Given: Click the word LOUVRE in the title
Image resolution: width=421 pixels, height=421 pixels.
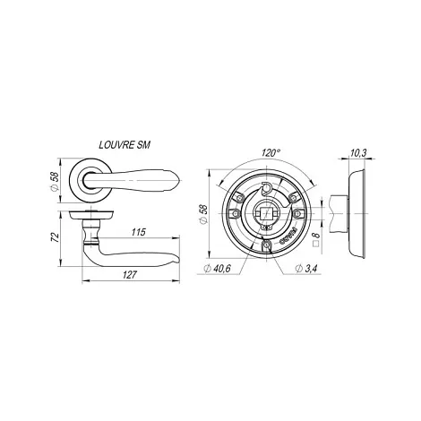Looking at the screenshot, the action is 116,145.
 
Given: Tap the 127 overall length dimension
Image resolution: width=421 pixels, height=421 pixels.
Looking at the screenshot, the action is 130,275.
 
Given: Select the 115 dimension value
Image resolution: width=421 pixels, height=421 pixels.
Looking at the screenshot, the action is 138,232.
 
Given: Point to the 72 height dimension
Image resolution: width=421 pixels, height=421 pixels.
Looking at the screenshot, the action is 55,237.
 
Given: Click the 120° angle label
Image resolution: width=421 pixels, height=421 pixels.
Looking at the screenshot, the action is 271,153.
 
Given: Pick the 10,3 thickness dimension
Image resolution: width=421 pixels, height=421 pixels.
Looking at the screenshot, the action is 358,153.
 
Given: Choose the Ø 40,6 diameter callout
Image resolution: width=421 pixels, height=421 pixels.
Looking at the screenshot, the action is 217,269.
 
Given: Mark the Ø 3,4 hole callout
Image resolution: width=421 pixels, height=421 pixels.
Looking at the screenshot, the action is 305,269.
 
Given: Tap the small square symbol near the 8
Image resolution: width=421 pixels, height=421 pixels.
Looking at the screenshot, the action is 316,244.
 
